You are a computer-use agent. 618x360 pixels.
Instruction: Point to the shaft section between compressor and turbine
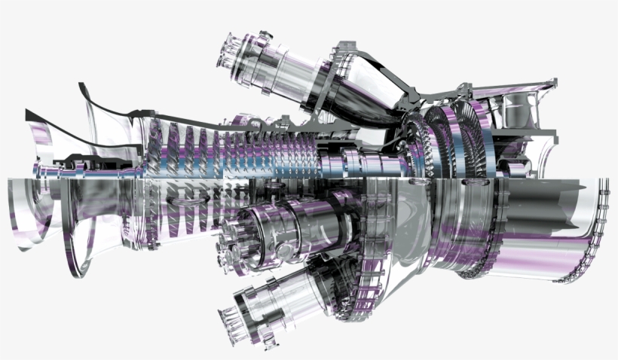click(354, 162)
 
